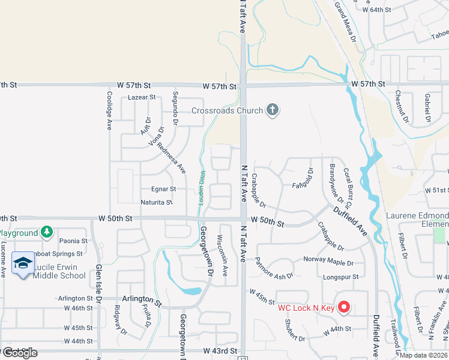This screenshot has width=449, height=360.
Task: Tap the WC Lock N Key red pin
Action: coord(344,308)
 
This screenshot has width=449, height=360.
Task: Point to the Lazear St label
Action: coord(142,97)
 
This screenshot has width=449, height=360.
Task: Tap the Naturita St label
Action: coord(157,202)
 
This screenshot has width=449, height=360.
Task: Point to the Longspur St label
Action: coord(340,277)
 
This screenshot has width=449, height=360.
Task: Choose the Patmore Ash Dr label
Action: coord(274,268)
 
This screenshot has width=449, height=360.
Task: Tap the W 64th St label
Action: coord(377,10)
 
